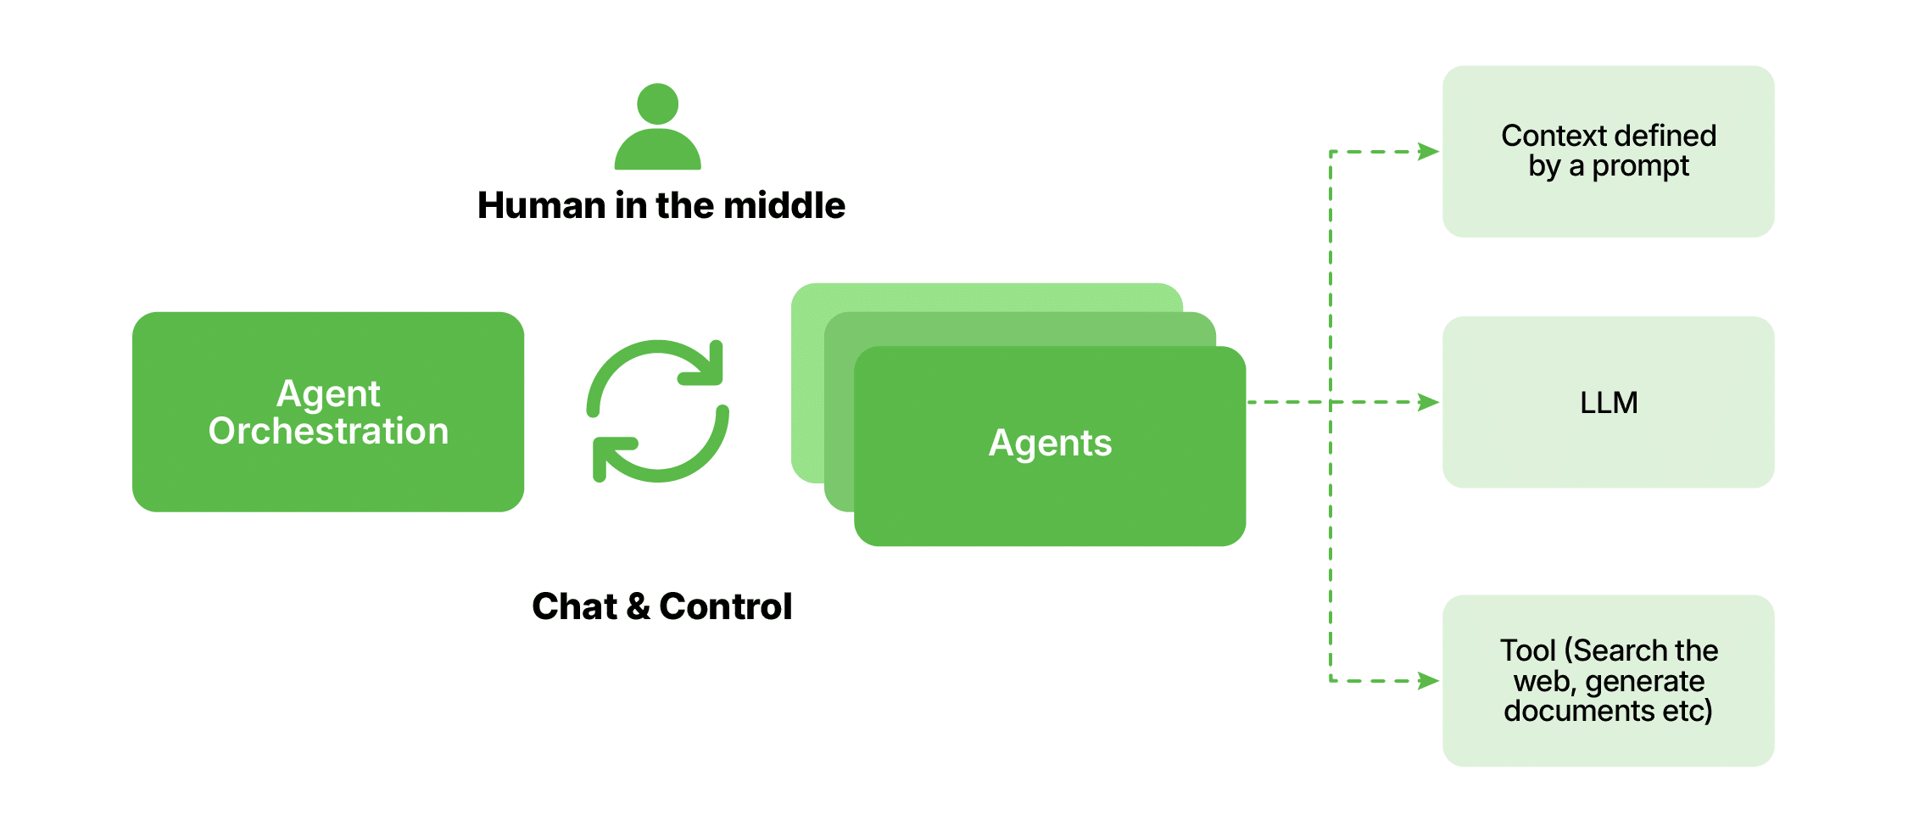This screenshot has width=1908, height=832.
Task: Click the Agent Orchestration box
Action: tap(327, 411)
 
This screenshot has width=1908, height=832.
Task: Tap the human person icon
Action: tap(657, 127)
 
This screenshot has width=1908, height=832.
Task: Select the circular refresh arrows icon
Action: tap(657, 411)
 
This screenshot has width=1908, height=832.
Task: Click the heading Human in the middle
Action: tap(661, 206)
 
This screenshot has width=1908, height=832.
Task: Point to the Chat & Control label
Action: tap(661, 606)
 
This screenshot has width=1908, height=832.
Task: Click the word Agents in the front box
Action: tap(1050, 444)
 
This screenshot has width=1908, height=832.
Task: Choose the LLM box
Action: tap(1608, 402)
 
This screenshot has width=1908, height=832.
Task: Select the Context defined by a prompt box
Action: tap(1608, 151)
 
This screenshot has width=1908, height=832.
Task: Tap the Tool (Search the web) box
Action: tap(1608, 680)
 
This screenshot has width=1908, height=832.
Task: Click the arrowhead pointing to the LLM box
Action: tap(1429, 402)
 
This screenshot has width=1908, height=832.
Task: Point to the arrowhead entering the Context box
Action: tap(1429, 152)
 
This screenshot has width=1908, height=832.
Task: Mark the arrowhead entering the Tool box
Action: tap(1429, 680)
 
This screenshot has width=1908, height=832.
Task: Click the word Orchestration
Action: tap(328, 432)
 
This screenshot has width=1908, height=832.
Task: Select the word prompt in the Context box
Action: tap(1640, 166)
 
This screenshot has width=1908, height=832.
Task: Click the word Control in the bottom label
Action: tap(725, 606)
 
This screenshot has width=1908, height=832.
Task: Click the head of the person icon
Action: tap(657, 103)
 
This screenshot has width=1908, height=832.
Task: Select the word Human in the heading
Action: tap(541, 206)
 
